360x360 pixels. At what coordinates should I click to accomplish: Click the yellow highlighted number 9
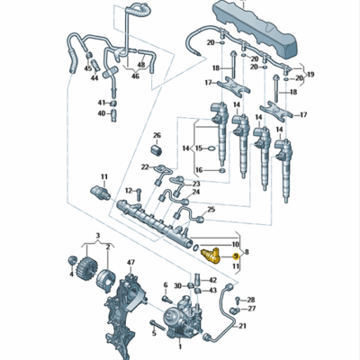236,256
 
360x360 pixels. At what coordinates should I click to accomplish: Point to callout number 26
156,136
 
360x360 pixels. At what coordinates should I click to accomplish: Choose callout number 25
211,210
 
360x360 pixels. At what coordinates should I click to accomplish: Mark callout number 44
92,78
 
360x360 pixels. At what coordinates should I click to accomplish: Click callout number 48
141,66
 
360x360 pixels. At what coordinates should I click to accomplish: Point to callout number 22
144,167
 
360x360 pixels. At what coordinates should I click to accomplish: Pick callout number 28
251,299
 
